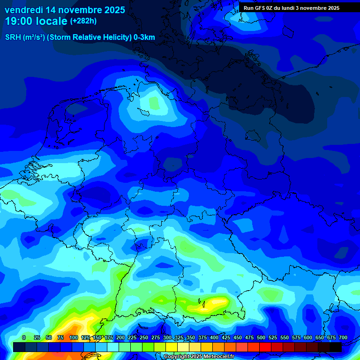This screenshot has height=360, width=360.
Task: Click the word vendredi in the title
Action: point(24,10)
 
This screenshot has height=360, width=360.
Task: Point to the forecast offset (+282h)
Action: point(83,21)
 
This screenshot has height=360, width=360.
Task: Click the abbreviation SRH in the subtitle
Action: point(13,37)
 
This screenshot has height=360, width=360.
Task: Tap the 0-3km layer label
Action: point(144,37)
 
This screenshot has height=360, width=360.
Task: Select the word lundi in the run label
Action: point(288,8)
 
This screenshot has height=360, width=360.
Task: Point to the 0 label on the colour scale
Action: point(24,337)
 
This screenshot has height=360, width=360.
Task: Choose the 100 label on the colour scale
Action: point(74,337)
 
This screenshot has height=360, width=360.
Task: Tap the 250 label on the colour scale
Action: point(144,337)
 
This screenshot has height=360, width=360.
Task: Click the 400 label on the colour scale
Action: point(214,337)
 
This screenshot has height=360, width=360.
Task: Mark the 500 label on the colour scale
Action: point(261,337)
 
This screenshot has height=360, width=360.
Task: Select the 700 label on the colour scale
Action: point(343,337)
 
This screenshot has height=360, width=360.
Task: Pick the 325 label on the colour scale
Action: point(179,337)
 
